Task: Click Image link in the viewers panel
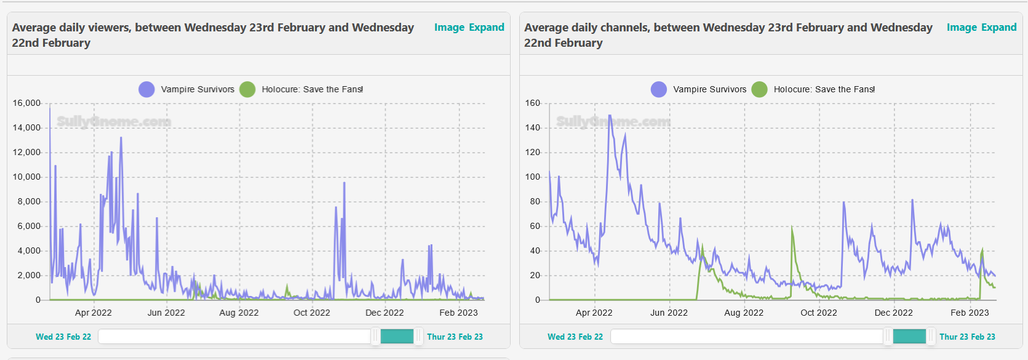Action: [x=449, y=27]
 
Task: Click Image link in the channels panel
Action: [x=962, y=27]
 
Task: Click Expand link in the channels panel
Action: [x=998, y=27]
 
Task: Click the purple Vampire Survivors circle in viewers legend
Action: [x=146, y=89]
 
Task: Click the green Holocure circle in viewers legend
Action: [x=247, y=89]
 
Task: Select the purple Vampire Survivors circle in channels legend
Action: [x=659, y=89]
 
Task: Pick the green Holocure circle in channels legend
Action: [x=760, y=89]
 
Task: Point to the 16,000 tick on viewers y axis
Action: [x=26, y=103]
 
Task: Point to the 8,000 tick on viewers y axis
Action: [x=29, y=201]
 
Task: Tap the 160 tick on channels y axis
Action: [x=533, y=103]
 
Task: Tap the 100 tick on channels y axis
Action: [x=533, y=177]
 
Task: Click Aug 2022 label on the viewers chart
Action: [x=239, y=313]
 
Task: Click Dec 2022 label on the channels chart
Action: [x=894, y=313]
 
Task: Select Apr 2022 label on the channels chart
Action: [x=594, y=313]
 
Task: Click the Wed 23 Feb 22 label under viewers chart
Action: [x=63, y=337]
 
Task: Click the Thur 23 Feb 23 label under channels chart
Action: [x=967, y=337]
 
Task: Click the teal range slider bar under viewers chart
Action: [x=397, y=337]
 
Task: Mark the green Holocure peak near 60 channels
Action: [x=792, y=228]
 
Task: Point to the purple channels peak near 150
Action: [x=610, y=116]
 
